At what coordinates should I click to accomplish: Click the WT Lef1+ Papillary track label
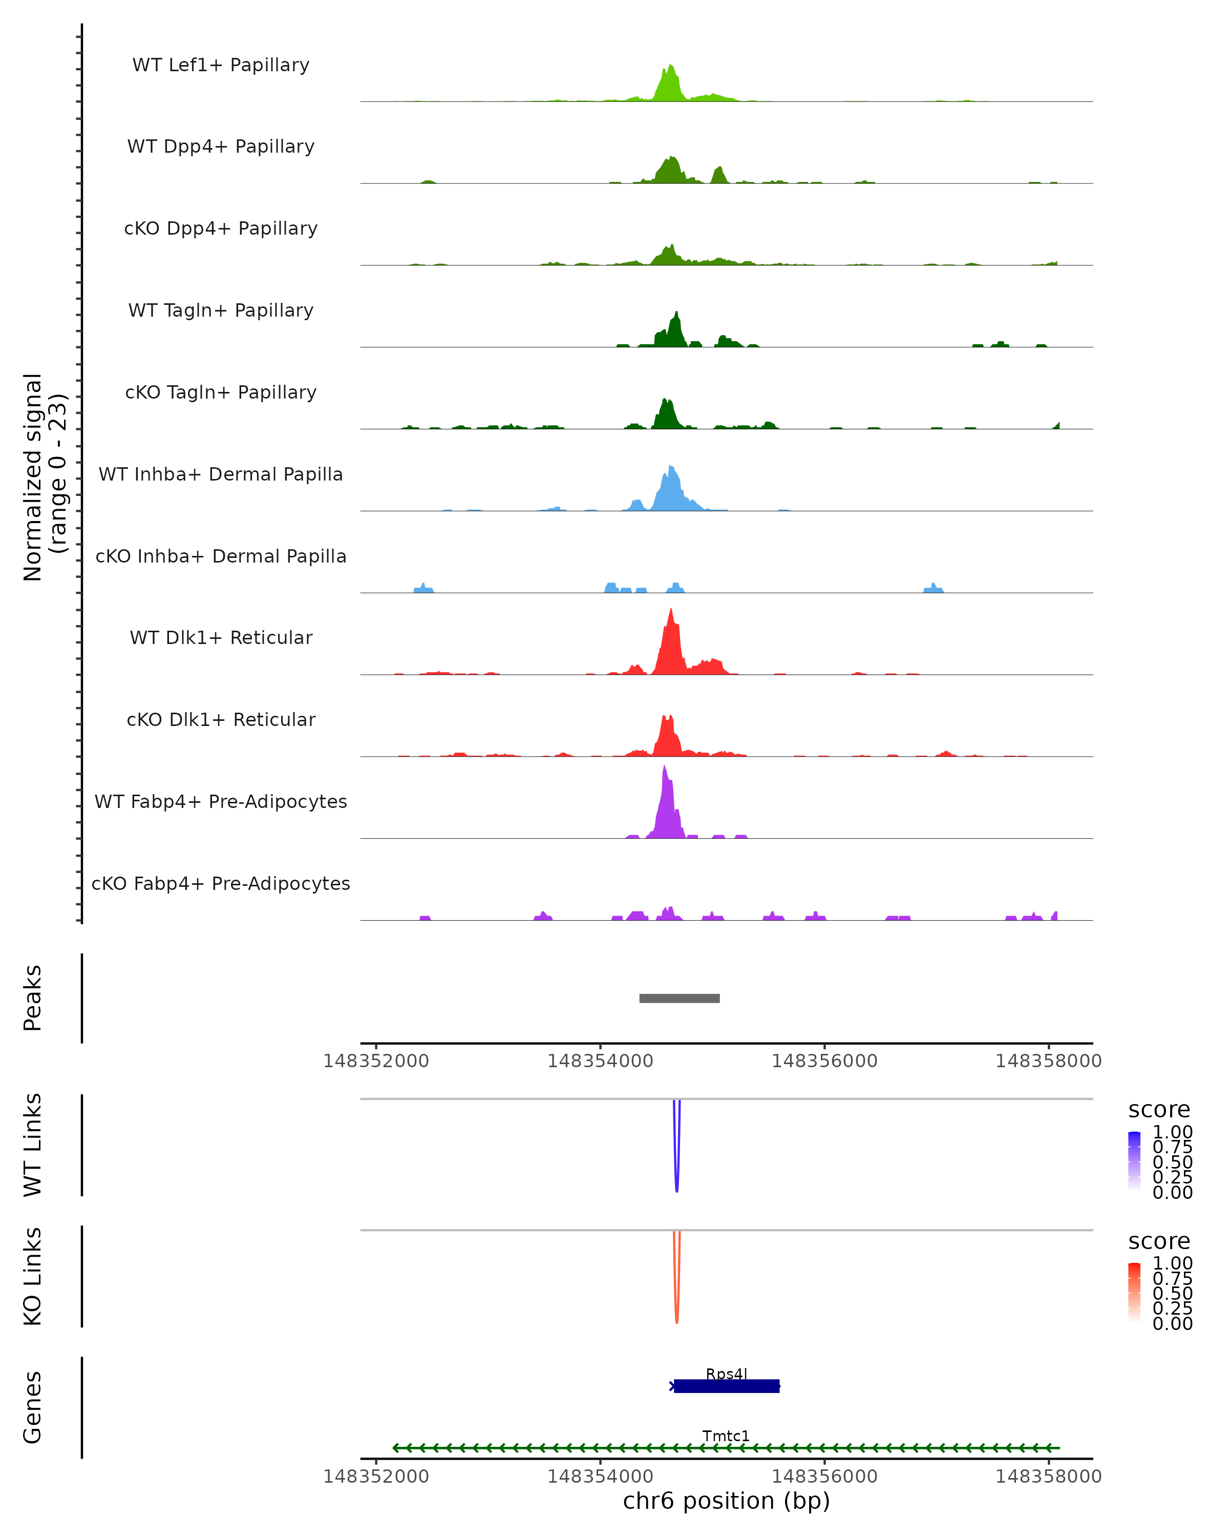coord(221,65)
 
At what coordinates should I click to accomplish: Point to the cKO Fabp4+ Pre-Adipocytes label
coord(221,883)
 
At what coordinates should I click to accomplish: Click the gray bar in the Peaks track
coord(679,998)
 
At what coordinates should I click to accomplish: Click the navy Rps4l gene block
coord(727,1386)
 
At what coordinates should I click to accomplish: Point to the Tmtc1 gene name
coord(726,1436)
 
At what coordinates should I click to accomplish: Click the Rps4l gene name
coord(726,1374)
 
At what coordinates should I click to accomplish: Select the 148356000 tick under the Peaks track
coord(824,1061)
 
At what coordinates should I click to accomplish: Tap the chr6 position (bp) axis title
coord(726,1501)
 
